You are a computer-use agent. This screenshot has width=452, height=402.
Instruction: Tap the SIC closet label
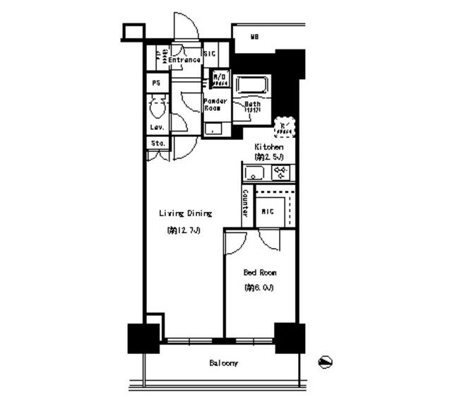pos(210,54)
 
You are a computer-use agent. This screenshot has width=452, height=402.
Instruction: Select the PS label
pos(156,83)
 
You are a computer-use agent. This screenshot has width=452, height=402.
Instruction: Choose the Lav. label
pos(157,127)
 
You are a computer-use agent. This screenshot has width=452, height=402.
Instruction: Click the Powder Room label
pos(215,105)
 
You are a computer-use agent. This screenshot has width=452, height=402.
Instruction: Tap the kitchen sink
pos(254,173)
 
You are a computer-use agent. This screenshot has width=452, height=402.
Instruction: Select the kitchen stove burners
pos(281,172)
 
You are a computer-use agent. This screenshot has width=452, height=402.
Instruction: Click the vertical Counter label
pos(245,203)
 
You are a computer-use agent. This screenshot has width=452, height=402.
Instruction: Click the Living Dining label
pos(185,213)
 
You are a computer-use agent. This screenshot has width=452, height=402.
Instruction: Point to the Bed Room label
pos(260,272)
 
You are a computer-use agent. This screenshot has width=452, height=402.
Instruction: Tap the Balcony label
pos(223,364)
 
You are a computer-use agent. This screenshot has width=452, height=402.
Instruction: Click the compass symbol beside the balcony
pos(326,362)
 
